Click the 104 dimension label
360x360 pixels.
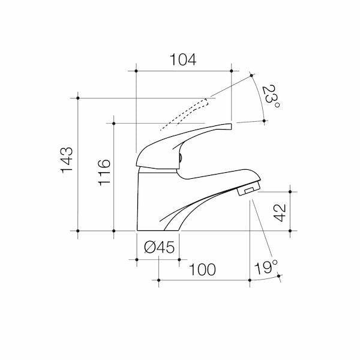(183, 59)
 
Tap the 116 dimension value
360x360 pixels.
(103, 172)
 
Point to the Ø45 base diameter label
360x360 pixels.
(159, 247)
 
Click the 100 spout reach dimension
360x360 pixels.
(203, 270)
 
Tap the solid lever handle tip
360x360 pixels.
(225, 127)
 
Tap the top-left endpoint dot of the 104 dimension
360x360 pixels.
(137, 71)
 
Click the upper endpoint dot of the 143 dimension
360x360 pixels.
(78, 98)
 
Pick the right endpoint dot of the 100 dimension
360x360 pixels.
(250, 279)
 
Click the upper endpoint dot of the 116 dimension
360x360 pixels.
(113, 123)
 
